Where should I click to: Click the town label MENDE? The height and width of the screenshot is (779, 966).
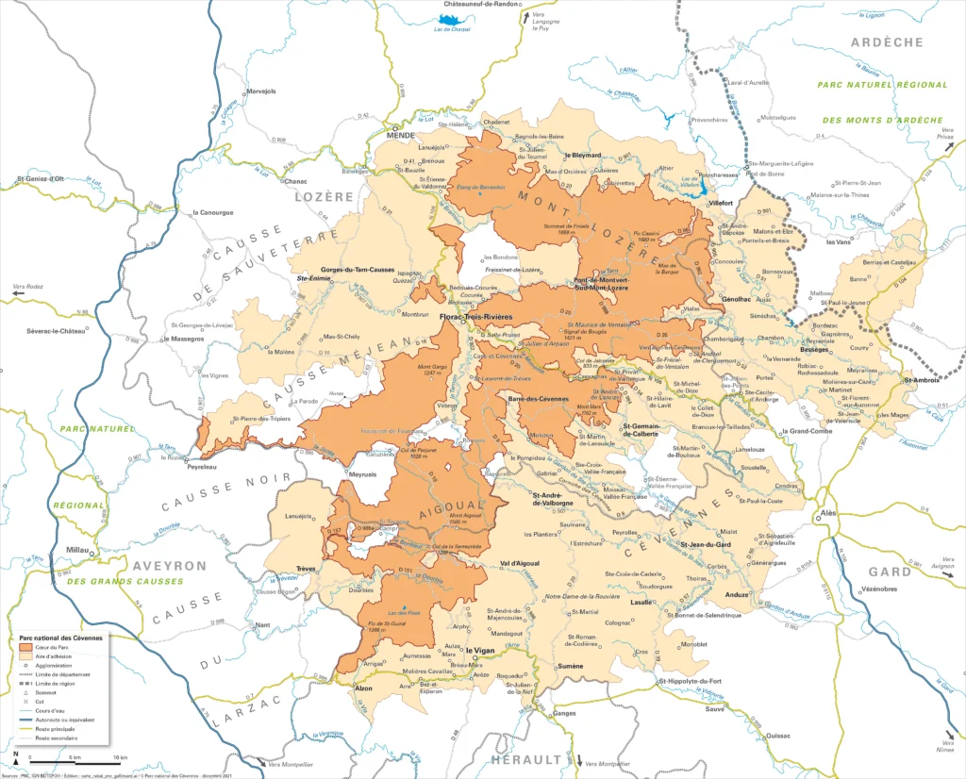(401, 136)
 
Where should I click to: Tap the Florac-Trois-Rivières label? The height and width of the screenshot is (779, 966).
(475, 318)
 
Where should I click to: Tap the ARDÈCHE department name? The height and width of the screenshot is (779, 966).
(887, 42)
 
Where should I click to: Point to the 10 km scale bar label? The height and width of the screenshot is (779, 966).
(120, 757)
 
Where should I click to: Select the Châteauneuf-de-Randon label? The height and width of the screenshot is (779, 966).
(480, 5)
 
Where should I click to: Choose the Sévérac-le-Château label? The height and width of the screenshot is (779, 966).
(57, 331)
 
